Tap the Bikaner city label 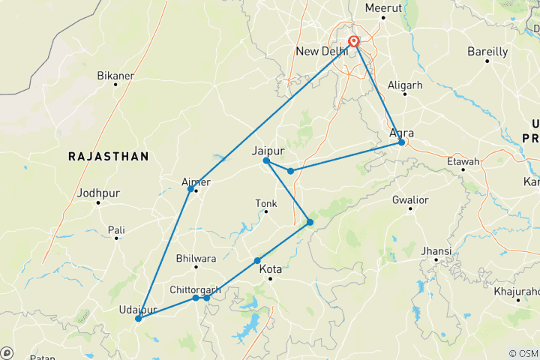pyautogui.click(x=115, y=76)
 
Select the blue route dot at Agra pyautogui.click(x=402, y=142)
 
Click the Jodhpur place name pyautogui.click(x=98, y=193)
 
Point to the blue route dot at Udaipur pyautogui.click(x=139, y=319)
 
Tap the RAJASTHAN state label pyautogui.click(x=108, y=156)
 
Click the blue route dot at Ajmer pyautogui.click(x=190, y=189)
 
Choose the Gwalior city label pyautogui.click(x=409, y=200)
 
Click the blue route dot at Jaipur pyautogui.click(x=266, y=160)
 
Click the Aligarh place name pyautogui.click(x=405, y=85)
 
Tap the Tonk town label pyautogui.click(x=265, y=203)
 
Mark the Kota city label pyautogui.click(x=270, y=269)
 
